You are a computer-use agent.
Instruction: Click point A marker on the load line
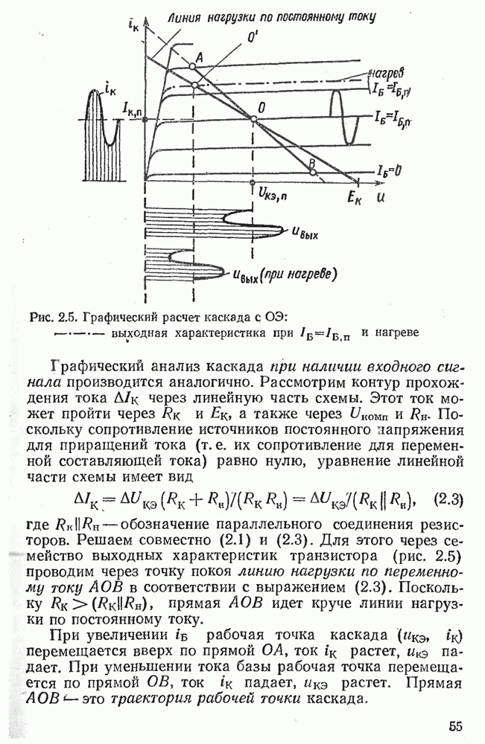(192, 66)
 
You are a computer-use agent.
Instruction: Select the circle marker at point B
(314, 172)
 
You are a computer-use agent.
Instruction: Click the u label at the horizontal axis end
(381, 195)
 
